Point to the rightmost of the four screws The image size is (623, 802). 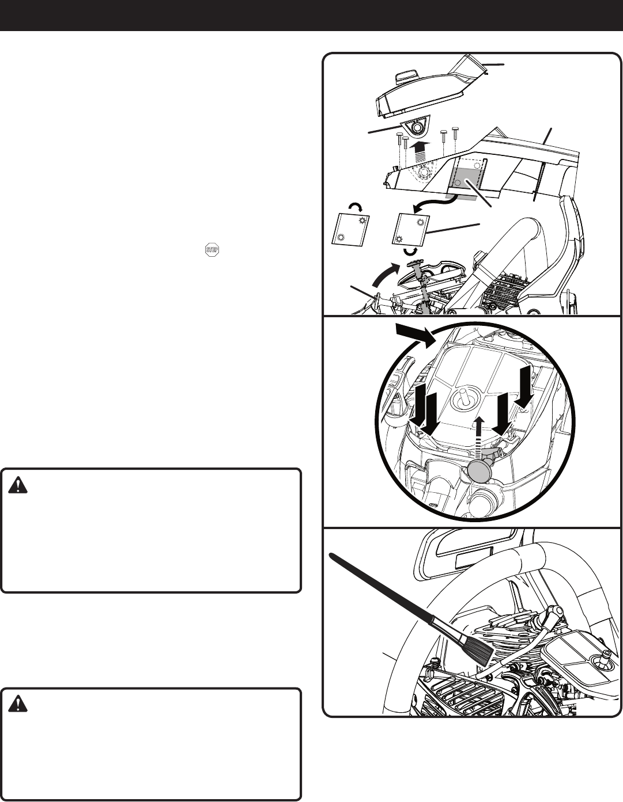(x=456, y=134)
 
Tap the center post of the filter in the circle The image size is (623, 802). (x=462, y=398)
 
